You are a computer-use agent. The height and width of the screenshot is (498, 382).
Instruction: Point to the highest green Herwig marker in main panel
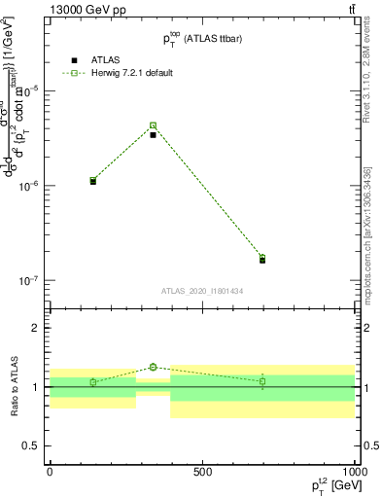point(153,125)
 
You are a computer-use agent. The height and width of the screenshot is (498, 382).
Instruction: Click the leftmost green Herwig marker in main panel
point(93,180)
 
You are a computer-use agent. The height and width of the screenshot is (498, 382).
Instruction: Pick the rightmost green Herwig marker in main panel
point(262,258)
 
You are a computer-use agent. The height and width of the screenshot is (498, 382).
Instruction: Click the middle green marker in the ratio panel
point(153,367)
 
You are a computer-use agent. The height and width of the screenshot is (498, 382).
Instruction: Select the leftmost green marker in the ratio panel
point(93,382)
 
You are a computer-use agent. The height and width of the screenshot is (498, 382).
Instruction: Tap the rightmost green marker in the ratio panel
point(262,381)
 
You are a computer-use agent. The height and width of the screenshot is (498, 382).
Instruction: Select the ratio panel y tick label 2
point(38,329)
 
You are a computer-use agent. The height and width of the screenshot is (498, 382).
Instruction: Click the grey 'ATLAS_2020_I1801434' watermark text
point(202,291)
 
